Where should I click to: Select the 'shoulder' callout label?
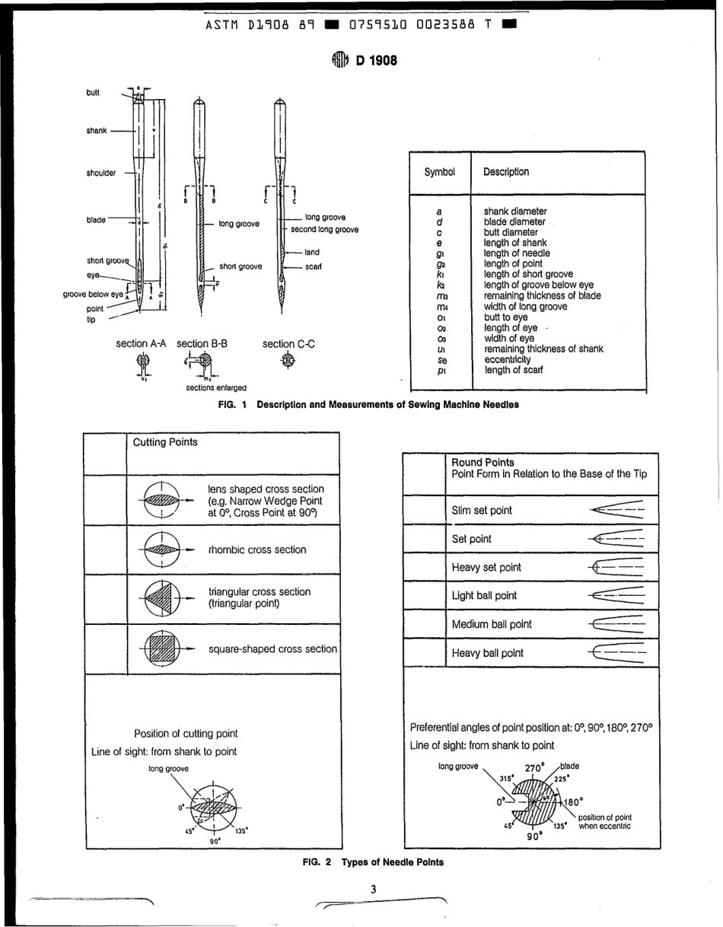click(101, 173)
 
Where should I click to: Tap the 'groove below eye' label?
click(93, 294)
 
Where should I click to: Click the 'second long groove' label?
click(324, 229)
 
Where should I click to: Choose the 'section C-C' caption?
click(288, 344)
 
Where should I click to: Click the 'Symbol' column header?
click(440, 172)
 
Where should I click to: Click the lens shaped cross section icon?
click(160, 500)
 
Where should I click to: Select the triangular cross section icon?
click(160, 597)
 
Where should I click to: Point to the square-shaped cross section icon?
click(160, 648)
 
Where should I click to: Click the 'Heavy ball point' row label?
click(487, 653)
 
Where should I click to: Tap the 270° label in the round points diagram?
click(535, 768)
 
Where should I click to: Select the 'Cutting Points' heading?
click(165, 442)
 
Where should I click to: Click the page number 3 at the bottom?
click(373, 889)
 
